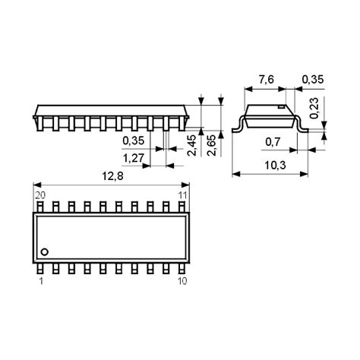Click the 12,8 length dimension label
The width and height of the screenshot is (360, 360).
pyautogui.click(x=112, y=176)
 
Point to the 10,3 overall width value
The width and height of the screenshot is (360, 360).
pyautogui.click(x=276, y=165)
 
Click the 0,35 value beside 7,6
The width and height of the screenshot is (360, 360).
pyautogui.click(x=312, y=79)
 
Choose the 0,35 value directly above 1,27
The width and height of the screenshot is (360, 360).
pyautogui.click(x=134, y=141)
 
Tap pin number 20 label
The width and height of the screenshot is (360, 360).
pyautogui.click(x=40, y=196)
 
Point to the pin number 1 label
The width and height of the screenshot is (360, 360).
pyautogui.click(x=40, y=282)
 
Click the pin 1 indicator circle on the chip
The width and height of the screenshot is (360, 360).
pyautogui.click(x=45, y=251)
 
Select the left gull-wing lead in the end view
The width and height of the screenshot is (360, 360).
pyautogui.click(x=236, y=123)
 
